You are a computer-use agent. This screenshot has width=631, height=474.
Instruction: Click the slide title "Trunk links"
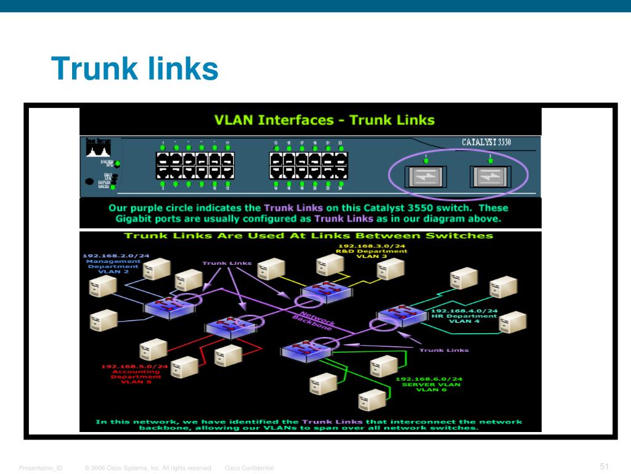point(134,69)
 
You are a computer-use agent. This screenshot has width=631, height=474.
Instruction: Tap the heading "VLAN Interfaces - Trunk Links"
point(324,120)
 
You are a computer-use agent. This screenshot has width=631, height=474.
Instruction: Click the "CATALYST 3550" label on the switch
point(486,143)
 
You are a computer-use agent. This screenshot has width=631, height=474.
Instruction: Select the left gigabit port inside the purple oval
point(425,177)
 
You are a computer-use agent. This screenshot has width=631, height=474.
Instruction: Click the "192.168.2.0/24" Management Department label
point(116,255)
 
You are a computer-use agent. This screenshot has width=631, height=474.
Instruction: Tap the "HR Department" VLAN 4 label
point(465,316)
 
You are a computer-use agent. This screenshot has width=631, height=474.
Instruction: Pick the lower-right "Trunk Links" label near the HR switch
point(444,350)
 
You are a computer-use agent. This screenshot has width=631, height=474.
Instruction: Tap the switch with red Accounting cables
point(227,327)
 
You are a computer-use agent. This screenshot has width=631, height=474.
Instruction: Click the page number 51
point(604,466)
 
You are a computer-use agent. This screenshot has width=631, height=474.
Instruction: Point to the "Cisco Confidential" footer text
point(250,468)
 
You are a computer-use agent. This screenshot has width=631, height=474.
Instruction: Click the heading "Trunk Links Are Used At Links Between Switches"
point(308,235)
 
